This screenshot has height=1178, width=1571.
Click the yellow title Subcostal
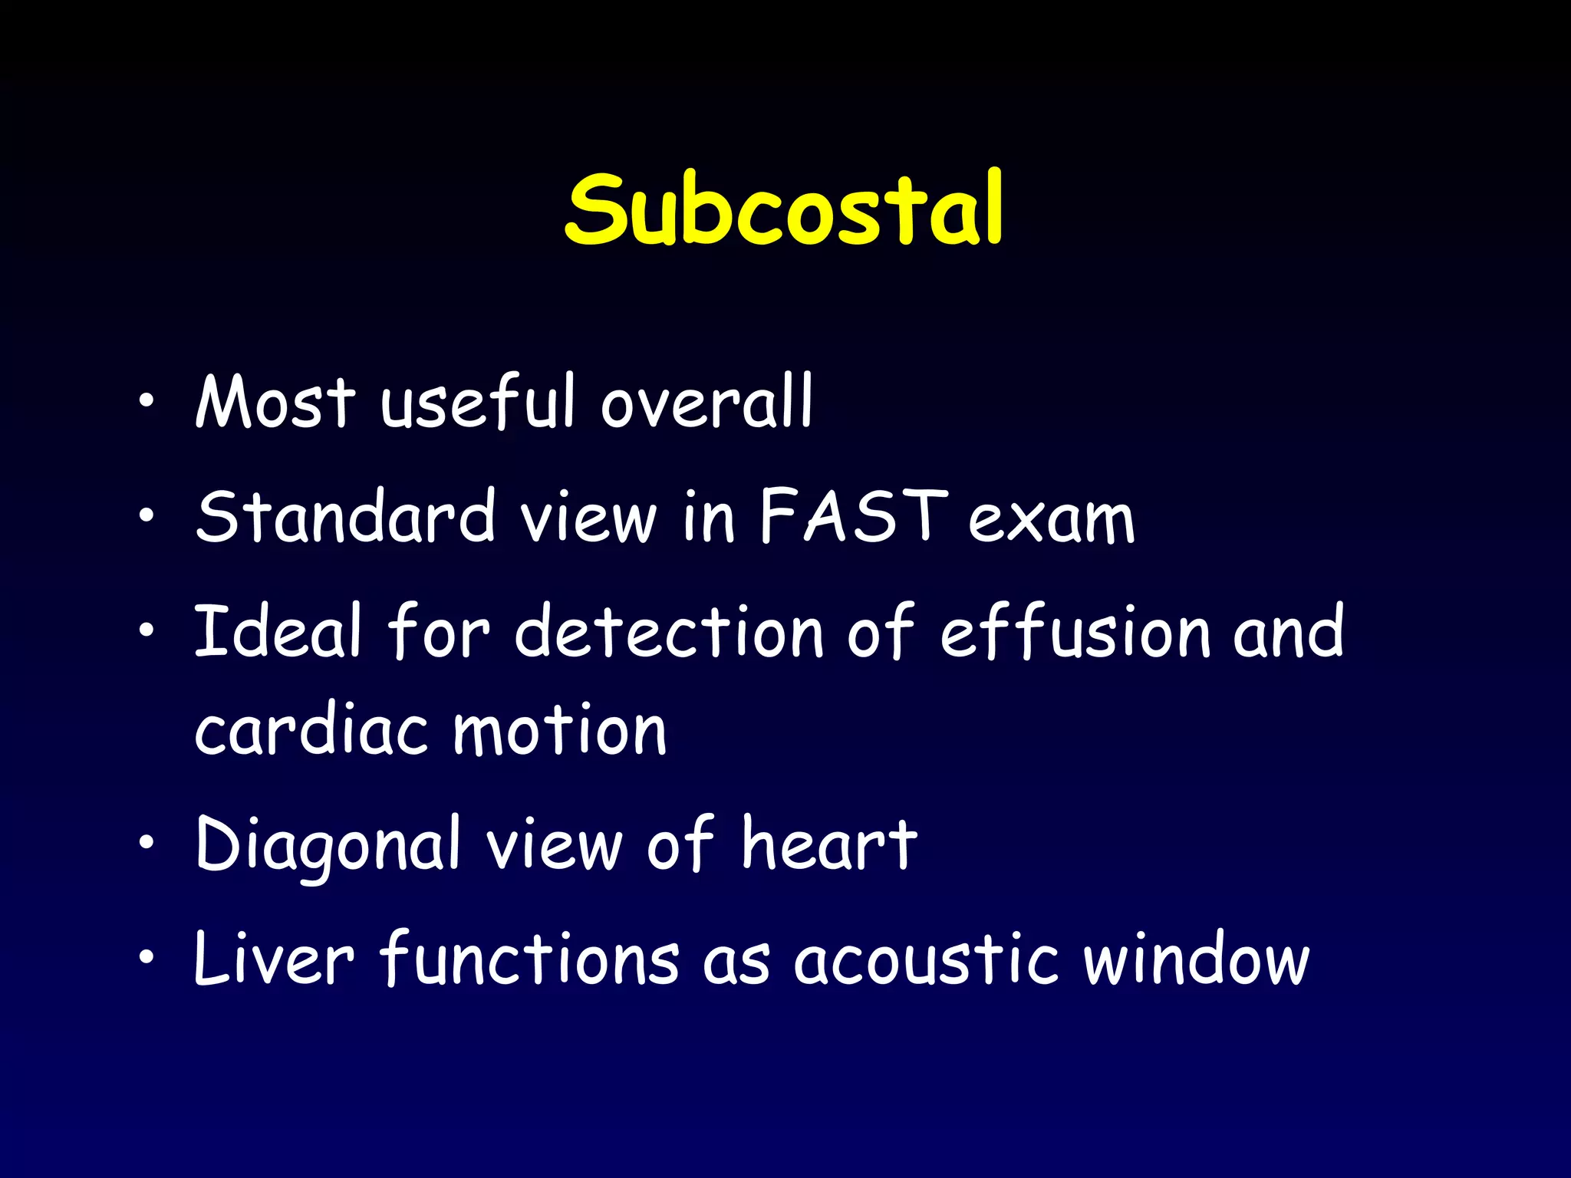pyautogui.click(x=784, y=209)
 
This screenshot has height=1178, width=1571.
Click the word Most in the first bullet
pyautogui.click(x=275, y=402)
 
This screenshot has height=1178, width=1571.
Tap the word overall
pyautogui.click(x=706, y=402)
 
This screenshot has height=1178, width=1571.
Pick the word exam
pyautogui.click(x=1051, y=520)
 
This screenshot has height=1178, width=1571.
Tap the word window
pyautogui.click(x=1197, y=959)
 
